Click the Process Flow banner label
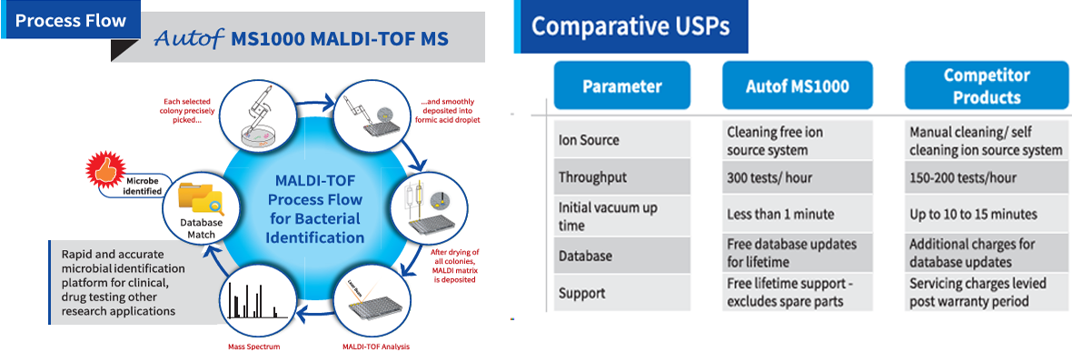(x=71, y=20)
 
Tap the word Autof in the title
(x=189, y=39)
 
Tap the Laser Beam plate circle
(x=368, y=299)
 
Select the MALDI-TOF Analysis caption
(x=376, y=347)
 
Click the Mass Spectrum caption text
(x=253, y=347)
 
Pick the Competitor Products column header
(x=986, y=85)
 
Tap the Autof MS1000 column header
(x=797, y=85)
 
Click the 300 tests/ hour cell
(x=769, y=178)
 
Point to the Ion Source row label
(x=589, y=140)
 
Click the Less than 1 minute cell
(x=780, y=214)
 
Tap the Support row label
(x=581, y=293)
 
